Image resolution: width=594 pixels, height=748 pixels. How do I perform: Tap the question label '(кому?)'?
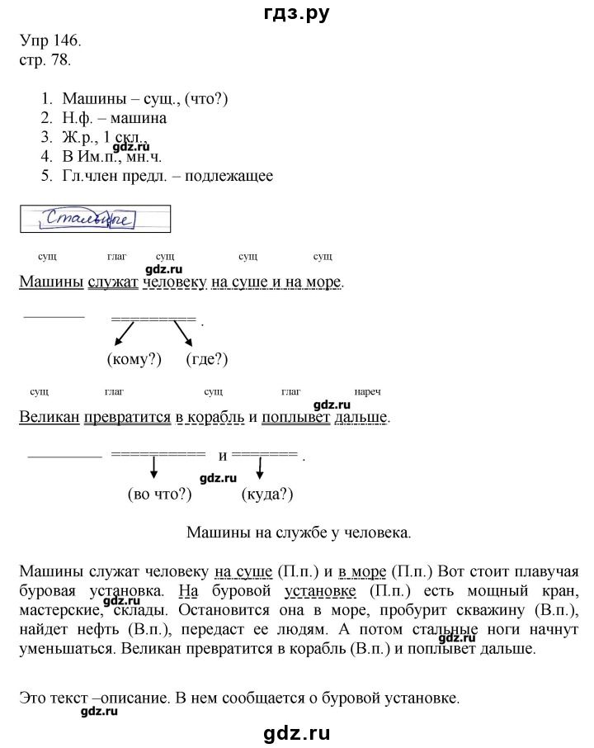point(134,359)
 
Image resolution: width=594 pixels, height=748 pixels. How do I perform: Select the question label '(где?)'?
point(206,359)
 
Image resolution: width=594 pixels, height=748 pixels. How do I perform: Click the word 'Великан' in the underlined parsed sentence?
point(48,417)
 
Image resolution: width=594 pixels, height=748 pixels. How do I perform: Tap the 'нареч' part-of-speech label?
point(365,391)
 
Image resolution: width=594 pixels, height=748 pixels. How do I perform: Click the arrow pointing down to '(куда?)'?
point(261,470)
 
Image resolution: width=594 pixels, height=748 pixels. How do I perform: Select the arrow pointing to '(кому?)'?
point(124,333)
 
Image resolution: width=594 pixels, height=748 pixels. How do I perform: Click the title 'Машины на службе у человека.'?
point(298,533)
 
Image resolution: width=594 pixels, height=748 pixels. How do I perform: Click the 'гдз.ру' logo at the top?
point(296,13)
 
